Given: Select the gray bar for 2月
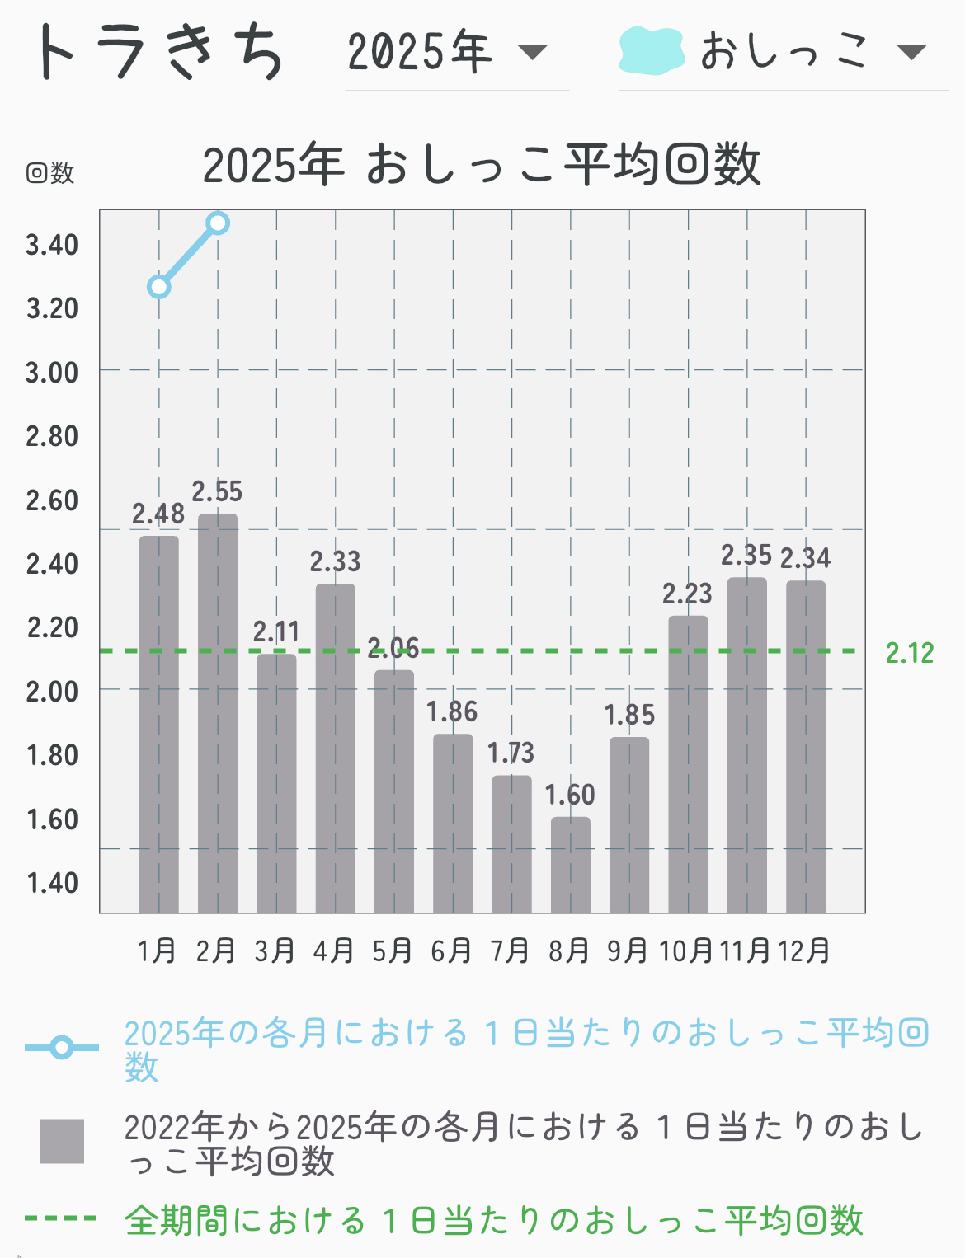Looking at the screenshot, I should click(x=218, y=713).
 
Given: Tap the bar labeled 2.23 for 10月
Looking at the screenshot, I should click(x=688, y=763).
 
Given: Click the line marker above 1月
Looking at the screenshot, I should click(x=159, y=287).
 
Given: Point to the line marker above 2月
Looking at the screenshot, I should click(x=219, y=223).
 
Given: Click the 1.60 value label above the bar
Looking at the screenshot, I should click(x=570, y=796).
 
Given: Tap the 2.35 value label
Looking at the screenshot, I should click(x=746, y=556).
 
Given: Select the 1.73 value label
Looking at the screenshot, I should click(x=511, y=753).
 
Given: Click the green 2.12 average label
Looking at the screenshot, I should click(x=910, y=653).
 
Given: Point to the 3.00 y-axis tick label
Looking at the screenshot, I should click(x=52, y=373).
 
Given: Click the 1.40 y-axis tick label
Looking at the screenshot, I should click(x=52, y=883).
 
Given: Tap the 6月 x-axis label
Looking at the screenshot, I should click(x=451, y=951).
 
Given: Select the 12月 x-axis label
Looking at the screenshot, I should click(x=804, y=951).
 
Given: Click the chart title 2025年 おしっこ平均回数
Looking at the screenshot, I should click(x=482, y=164).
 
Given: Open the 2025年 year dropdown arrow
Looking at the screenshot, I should click(x=532, y=53).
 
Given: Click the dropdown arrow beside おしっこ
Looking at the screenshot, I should click(x=911, y=53).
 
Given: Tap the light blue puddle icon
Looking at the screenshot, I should click(x=652, y=51).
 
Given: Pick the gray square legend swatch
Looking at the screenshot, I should click(x=62, y=1141).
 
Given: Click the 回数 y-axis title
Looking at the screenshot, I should click(x=50, y=173).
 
